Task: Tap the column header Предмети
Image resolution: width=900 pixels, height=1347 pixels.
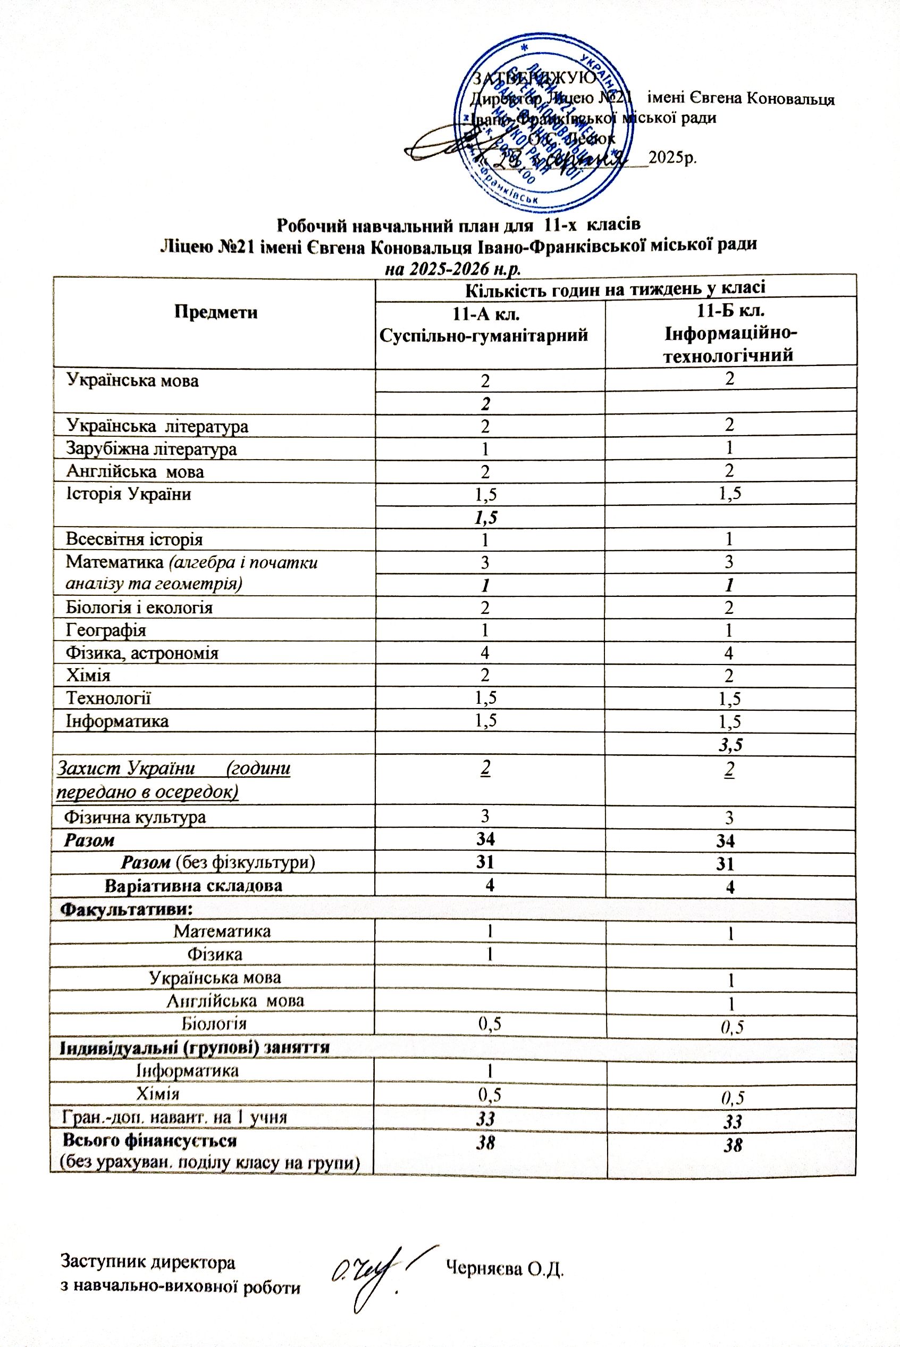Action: point(216,312)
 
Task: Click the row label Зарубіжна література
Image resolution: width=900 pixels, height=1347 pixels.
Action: point(151,448)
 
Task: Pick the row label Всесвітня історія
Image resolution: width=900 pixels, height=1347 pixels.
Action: point(134,539)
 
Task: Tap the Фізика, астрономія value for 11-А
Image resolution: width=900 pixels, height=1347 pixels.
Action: point(485,653)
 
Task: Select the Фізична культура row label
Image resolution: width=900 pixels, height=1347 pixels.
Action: point(135,817)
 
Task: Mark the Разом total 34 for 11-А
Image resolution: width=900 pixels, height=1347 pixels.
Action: point(485,839)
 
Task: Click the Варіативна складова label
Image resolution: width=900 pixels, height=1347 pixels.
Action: point(194,885)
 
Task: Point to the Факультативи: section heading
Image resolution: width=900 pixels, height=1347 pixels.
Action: point(127,909)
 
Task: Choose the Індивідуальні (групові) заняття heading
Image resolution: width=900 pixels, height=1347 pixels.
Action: point(195,1046)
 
